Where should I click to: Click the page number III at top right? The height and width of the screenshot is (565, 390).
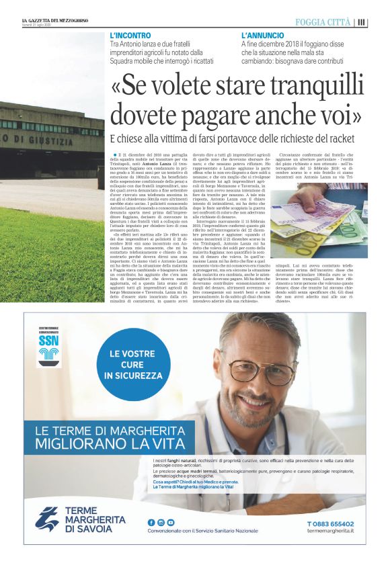[362, 22]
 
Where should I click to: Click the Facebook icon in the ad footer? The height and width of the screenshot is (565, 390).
[151, 522]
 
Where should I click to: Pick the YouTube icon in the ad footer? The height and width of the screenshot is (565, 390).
[171, 522]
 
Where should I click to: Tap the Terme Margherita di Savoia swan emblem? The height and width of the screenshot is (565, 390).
[47, 519]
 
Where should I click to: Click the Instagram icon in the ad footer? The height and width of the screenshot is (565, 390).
[161, 522]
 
